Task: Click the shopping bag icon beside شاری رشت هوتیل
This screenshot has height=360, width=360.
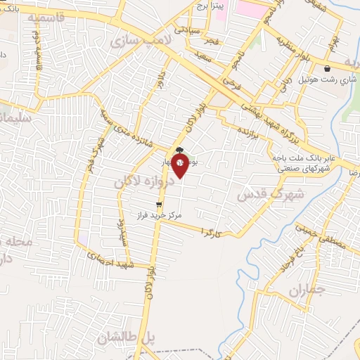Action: click(x=329, y=69)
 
